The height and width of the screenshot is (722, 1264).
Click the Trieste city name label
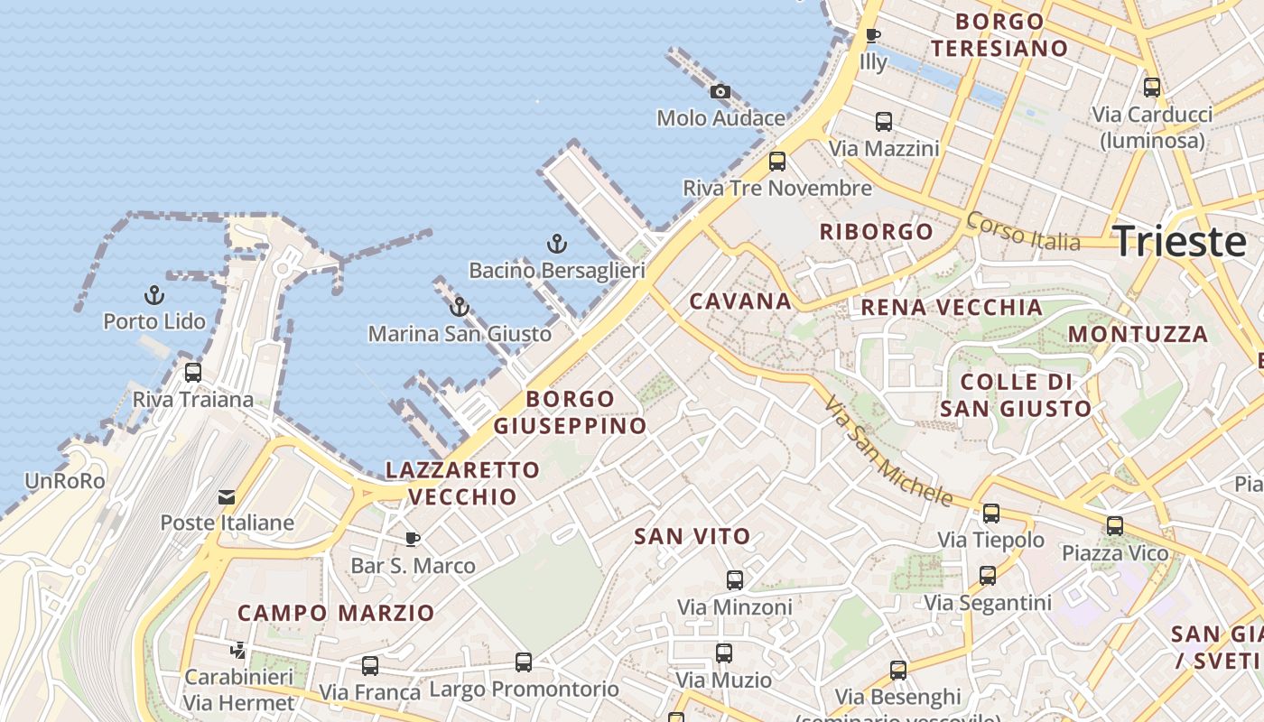[x=1179, y=242]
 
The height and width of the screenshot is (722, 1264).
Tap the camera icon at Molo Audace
[x=720, y=91]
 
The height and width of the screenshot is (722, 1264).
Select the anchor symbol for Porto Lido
[x=154, y=295]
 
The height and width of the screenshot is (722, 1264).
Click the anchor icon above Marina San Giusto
[x=460, y=307]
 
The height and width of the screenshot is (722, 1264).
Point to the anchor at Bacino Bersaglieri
[x=557, y=244]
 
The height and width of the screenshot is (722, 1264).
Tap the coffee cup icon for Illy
[x=872, y=36]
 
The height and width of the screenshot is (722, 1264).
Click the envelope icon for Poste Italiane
[x=226, y=496]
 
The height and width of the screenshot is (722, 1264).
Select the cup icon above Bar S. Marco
[x=413, y=539]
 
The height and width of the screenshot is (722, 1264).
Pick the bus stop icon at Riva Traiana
[x=192, y=372]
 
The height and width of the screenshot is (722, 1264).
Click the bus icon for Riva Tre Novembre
[x=776, y=162]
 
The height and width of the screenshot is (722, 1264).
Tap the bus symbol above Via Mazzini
[x=884, y=122]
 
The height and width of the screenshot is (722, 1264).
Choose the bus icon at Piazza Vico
[x=1115, y=526]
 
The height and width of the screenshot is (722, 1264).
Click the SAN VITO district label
[x=692, y=536]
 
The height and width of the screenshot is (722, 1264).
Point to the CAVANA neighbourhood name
[x=740, y=301]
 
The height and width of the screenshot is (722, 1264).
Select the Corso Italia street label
[x=1022, y=232]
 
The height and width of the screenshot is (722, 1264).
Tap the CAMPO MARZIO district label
[x=336, y=613]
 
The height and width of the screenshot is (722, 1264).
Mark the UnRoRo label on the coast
[x=65, y=481]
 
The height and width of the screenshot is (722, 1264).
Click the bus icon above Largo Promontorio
[x=523, y=662]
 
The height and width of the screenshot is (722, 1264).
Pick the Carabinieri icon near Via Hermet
[x=238, y=650]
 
